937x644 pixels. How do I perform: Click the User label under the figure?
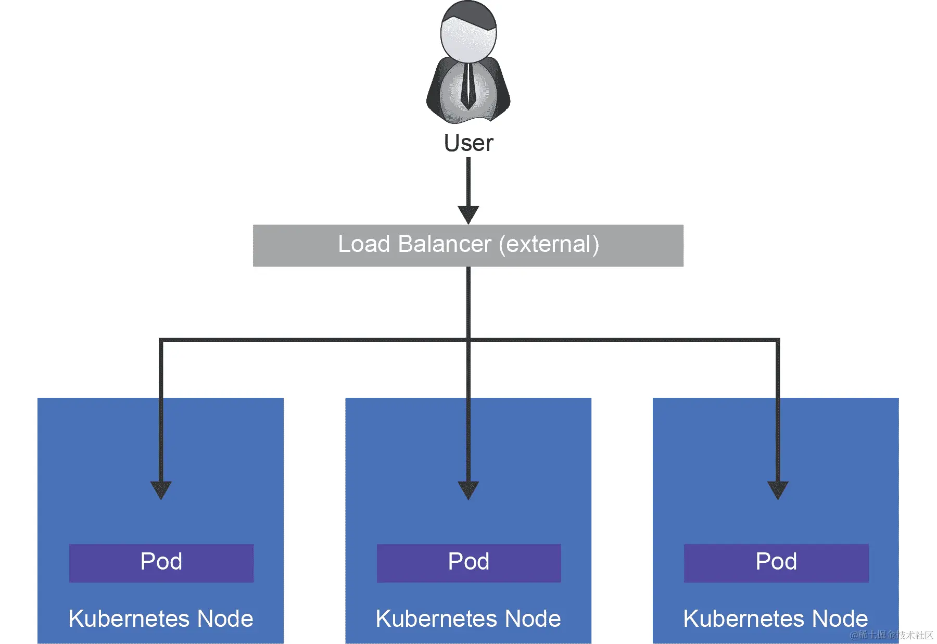coord(468,143)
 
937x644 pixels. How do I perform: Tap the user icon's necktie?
coord(468,86)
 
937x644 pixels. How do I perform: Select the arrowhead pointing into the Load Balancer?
coord(468,214)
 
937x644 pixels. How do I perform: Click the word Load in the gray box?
coord(364,244)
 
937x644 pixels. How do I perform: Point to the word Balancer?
coord(445,244)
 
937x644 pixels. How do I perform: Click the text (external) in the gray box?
coord(549,244)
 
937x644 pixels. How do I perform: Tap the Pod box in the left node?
coord(161,563)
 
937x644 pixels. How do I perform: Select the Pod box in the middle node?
coord(468,563)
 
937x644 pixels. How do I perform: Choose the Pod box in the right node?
coord(776,563)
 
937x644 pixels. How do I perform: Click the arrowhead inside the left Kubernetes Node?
coord(161,490)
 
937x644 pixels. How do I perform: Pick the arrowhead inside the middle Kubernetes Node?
coord(468,490)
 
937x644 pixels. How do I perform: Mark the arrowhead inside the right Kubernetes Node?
coord(778,490)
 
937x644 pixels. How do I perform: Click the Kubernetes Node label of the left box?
coord(161,619)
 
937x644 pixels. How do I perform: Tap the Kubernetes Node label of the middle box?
coord(468,619)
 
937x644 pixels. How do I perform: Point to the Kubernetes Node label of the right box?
coord(776,619)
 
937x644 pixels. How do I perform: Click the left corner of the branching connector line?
coord(161,340)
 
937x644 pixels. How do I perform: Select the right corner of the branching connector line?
coord(778,340)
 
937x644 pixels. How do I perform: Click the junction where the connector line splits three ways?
coord(468,340)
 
